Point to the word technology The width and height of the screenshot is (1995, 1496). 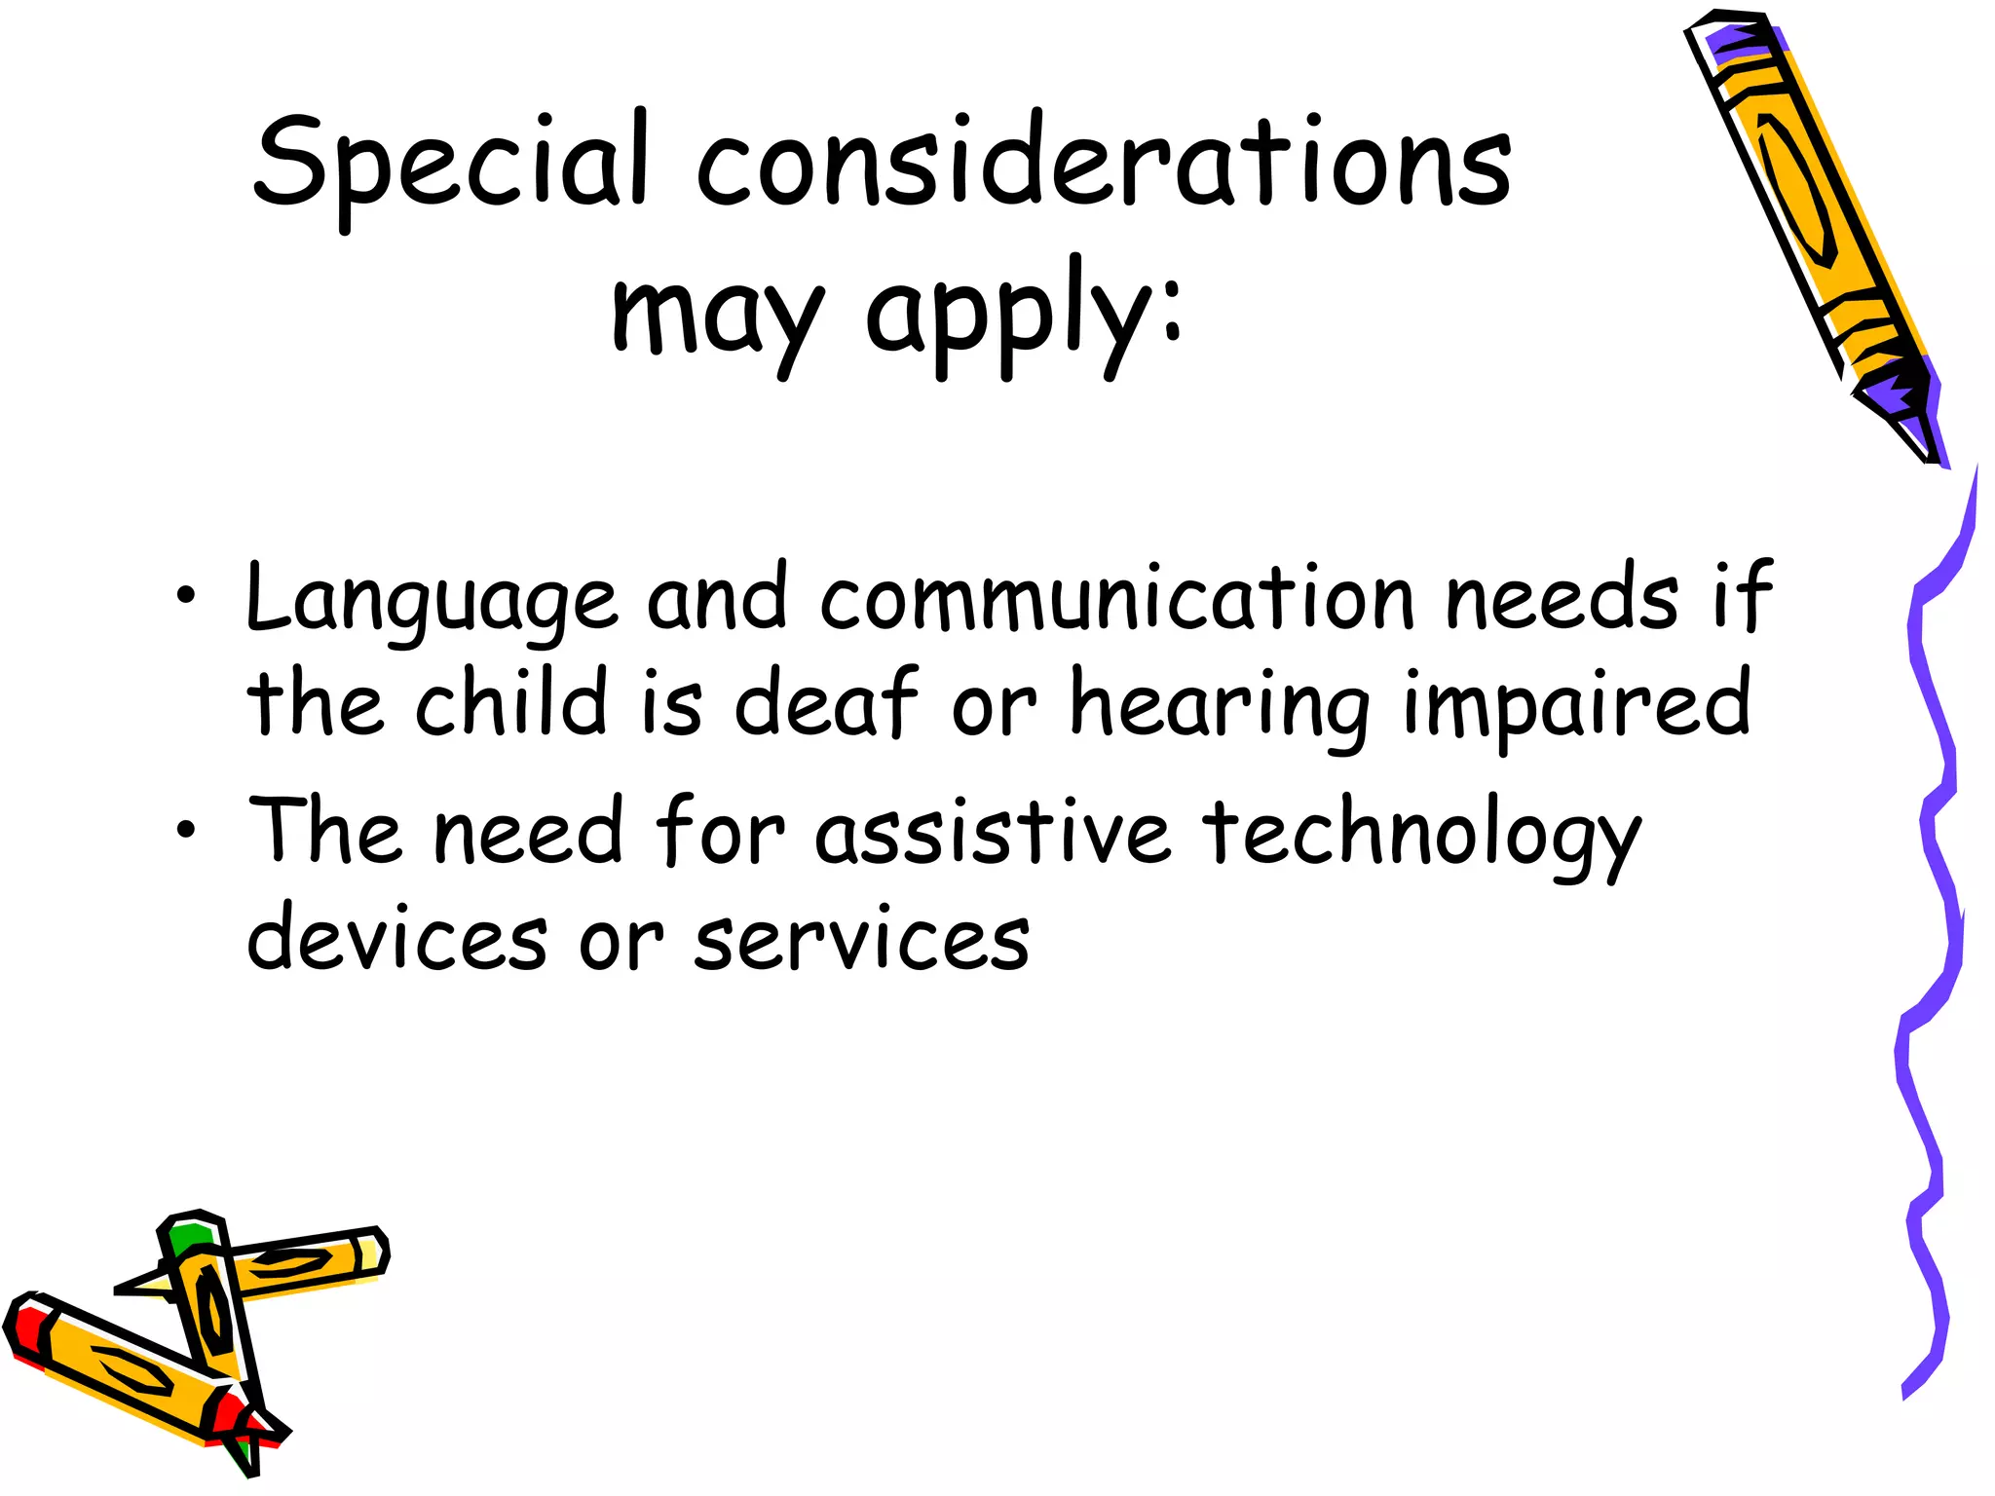1423,833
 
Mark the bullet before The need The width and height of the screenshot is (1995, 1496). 186,830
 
